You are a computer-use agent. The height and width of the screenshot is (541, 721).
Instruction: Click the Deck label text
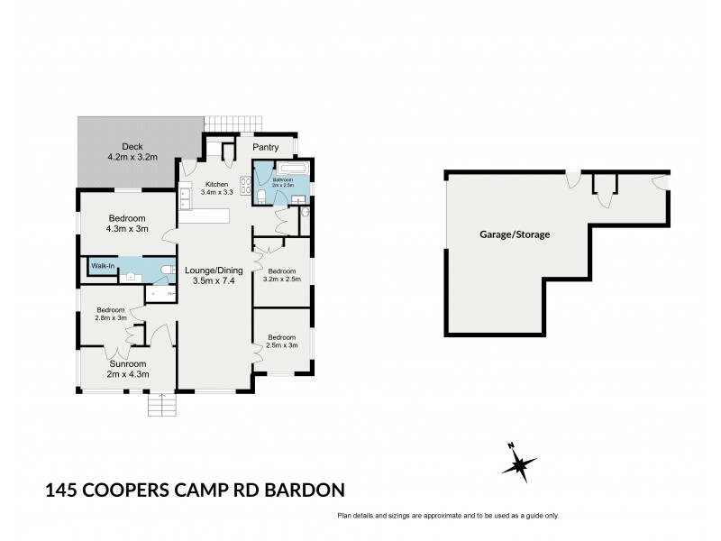pos(132,151)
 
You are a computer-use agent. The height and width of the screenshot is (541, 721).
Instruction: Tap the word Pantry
pos(265,147)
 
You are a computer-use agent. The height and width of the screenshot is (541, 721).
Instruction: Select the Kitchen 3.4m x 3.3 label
pos(215,187)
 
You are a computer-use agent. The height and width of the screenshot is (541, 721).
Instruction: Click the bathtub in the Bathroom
pos(294,169)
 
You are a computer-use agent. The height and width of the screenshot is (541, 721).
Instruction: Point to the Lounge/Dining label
pos(212,274)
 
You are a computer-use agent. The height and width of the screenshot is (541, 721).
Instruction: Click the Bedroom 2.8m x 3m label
pos(110,314)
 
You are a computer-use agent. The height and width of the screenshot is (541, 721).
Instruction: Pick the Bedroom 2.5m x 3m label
pos(281,341)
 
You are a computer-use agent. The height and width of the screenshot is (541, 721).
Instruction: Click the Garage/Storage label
pos(514,234)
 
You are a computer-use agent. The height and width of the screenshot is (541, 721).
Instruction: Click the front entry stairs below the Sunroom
pos(161,406)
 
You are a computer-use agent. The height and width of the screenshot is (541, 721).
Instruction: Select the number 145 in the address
pos(63,491)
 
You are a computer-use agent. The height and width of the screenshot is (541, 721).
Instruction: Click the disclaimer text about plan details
pos(448,516)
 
